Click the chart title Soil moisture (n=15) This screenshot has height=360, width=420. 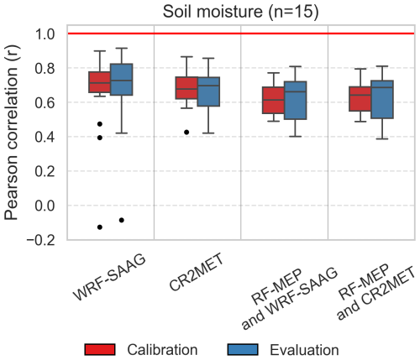click(240, 12)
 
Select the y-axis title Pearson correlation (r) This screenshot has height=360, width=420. click(12, 133)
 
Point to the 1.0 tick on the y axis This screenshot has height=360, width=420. click(45, 34)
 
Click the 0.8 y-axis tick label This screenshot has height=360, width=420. click(45, 68)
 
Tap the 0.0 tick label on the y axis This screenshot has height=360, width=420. click(45, 206)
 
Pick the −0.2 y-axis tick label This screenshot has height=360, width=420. click(40, 240)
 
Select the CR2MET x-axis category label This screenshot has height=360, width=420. click(197, 271)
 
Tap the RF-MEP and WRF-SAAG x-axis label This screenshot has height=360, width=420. click(290, 296)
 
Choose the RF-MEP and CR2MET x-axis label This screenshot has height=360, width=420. click(375, 291)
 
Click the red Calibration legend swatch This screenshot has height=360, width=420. click(100, 350)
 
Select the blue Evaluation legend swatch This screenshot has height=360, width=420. click(243, 350)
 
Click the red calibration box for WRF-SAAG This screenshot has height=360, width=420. click(99, 82)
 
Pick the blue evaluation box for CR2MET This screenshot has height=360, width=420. click(208, 91)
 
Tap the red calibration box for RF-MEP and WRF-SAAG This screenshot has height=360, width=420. click(273, 100)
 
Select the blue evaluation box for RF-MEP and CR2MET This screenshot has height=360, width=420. click(382, 100)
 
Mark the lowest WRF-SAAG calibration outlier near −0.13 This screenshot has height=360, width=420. click(100, 227)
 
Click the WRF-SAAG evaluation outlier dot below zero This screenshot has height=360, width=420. click(122, 220)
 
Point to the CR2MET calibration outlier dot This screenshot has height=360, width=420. click(186, 132)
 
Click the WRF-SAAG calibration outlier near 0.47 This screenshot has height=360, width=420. click(100, 124)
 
